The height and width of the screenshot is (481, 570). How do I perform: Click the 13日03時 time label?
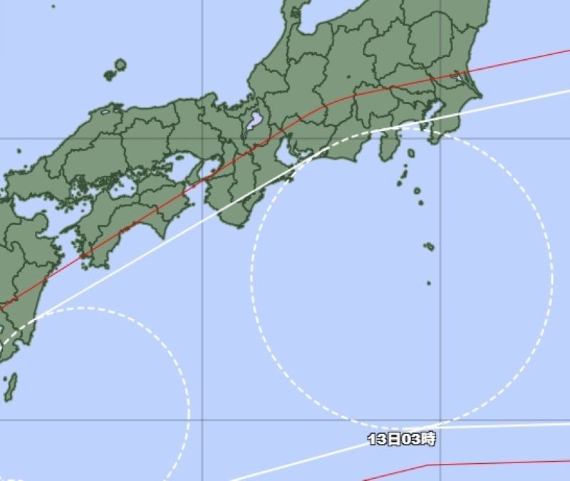[401, 439]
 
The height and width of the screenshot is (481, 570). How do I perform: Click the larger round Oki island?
[120, 65]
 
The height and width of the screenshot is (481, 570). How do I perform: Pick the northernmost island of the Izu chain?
[411, 153]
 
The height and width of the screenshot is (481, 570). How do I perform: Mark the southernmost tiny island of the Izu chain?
[428, 283]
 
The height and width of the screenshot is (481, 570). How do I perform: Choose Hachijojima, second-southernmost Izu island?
[429, 247]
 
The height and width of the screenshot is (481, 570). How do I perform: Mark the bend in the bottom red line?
[427, 465]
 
